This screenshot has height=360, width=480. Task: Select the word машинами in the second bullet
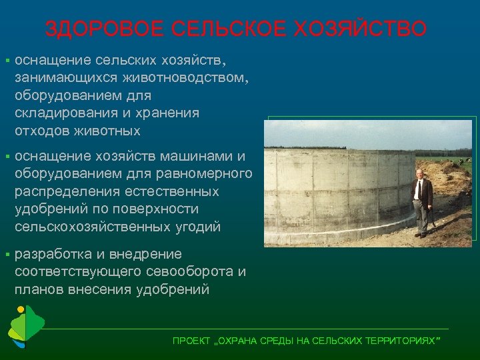click(x=199, y=157)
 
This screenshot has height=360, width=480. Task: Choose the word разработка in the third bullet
click(x=55, y=254)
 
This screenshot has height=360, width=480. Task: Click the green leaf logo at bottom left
click(x=25, y=327)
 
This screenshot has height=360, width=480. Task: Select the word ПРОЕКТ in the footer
click(x=190, y=341)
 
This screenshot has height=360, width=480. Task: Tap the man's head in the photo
click(x=419, y=174)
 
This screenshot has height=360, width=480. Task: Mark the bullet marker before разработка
click(x=6, y=255)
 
